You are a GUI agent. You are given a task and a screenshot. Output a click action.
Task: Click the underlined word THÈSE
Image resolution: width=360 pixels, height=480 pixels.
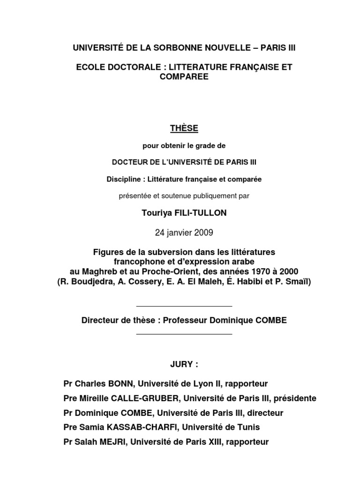coord(184,128)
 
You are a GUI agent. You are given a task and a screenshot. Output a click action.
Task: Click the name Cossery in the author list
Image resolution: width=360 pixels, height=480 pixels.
coord(149,282)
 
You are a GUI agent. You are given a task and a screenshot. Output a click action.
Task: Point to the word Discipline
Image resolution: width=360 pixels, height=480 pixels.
coord(124,179)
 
